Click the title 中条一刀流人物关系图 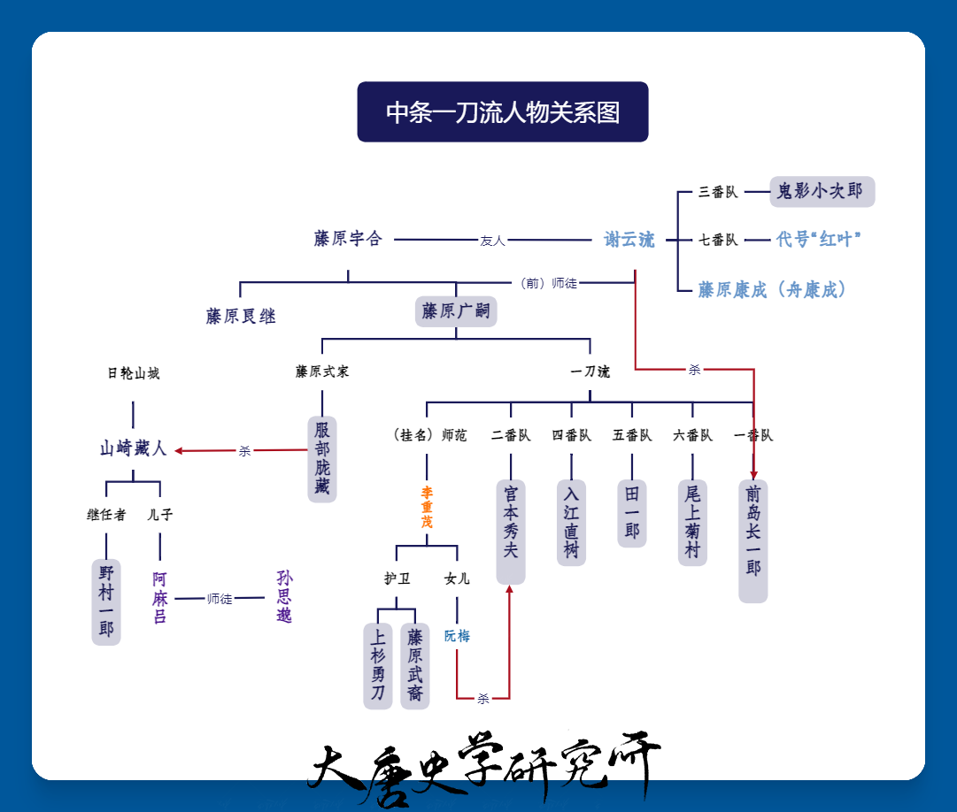(502, 112)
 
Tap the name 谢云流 (629, 240)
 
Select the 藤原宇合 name (348, 238)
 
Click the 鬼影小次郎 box (822, 191)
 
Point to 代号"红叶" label (819, 239)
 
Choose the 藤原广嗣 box (456, 311)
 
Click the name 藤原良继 (241, 317)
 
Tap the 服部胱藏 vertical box (322, 459)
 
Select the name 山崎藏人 (133, 448)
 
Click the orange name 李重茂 (427, 507)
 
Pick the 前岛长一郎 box (753, 541)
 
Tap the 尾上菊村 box (692, 523)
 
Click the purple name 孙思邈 (284, 596)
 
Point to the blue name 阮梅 (457, 636)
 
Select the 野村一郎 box (106, 601)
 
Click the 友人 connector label (492, 241)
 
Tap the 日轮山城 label (133, 373)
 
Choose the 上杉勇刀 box (378, 666)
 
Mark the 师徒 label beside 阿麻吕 (220, 599)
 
